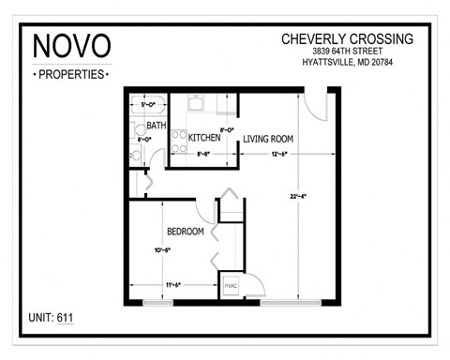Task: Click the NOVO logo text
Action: (x=72, y=45)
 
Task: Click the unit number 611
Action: (x=65, y=318)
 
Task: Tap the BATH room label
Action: (x=156, y=125)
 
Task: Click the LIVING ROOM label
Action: (x=268, y=139)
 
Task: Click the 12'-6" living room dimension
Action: (x=279, y=154)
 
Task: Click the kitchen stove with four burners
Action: (x=178, y=142)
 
